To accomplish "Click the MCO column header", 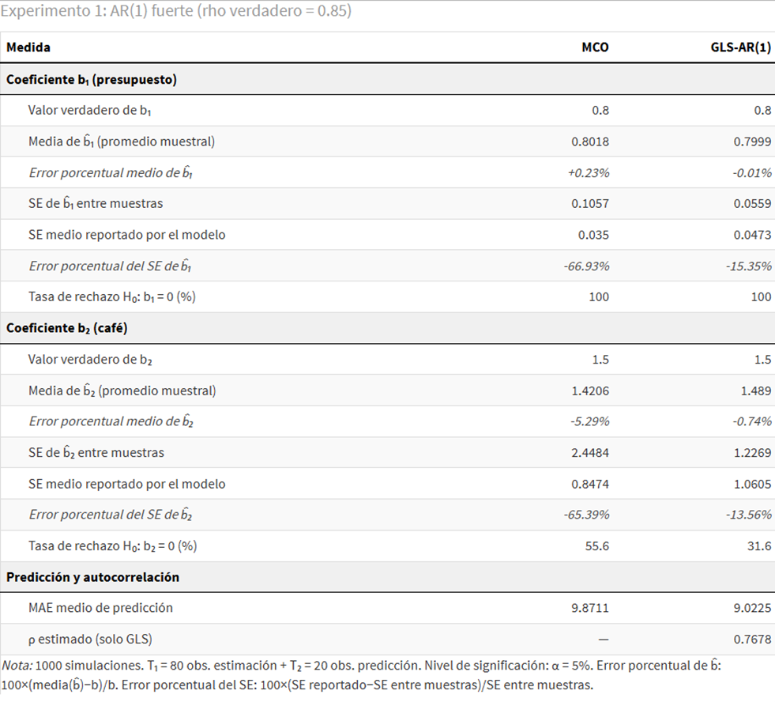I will tap(595, 47).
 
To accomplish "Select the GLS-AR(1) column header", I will tap(740, 47).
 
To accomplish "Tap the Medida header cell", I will tap(28, 47).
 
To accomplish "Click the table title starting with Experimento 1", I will tap(176, 12).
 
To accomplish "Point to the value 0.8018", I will tap(590, 142).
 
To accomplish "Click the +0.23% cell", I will tap(589, 172).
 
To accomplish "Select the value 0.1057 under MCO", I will tap(590, 203).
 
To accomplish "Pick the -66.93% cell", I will tap(586, 266).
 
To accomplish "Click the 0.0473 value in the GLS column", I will tap(753, 235).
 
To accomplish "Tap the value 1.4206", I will tap(590, 391).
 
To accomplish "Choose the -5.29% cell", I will tap(589, 421).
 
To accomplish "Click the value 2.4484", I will tap(590, 452).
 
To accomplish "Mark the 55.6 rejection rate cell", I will tap(599, 545).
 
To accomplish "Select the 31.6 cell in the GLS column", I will tap(762, 545).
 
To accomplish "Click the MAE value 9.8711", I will tap(590, 608).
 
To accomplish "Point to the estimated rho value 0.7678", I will tap(753, 639).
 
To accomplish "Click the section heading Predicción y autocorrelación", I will tap(92, 577).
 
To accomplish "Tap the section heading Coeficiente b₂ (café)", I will tap(66, 328).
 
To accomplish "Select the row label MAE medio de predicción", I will tap(100, 608).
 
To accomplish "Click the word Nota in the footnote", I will tap(16, 666).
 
